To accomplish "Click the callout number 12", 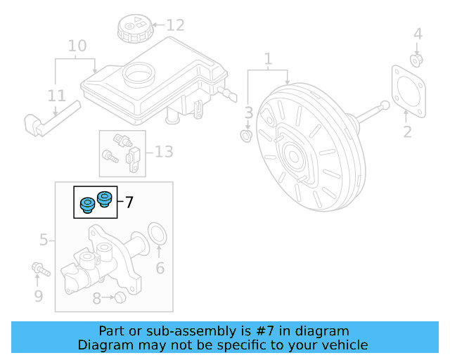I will [x=175, y=25].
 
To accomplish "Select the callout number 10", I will [x=77, y=46].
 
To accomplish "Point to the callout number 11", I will [x=57, y=96].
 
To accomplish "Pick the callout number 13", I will [x=163, y=151].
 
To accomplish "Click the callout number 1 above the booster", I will [x=267, y=59].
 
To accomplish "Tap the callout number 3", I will [x=248, y=112].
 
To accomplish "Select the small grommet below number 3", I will [x=247, y=134].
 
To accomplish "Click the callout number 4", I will [x=418, y=34].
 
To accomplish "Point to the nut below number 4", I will [x=416, y=60].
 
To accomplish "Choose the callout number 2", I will [x=407, y=131].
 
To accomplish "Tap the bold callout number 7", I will [x=129, y=202].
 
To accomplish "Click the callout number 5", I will [x=44, y=240].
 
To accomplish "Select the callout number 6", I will [x=160, y=268].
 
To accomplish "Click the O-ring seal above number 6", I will [x=159, y=235].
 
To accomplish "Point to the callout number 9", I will [x=39, y=296].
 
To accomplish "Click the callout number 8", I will [x=97, y=298].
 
